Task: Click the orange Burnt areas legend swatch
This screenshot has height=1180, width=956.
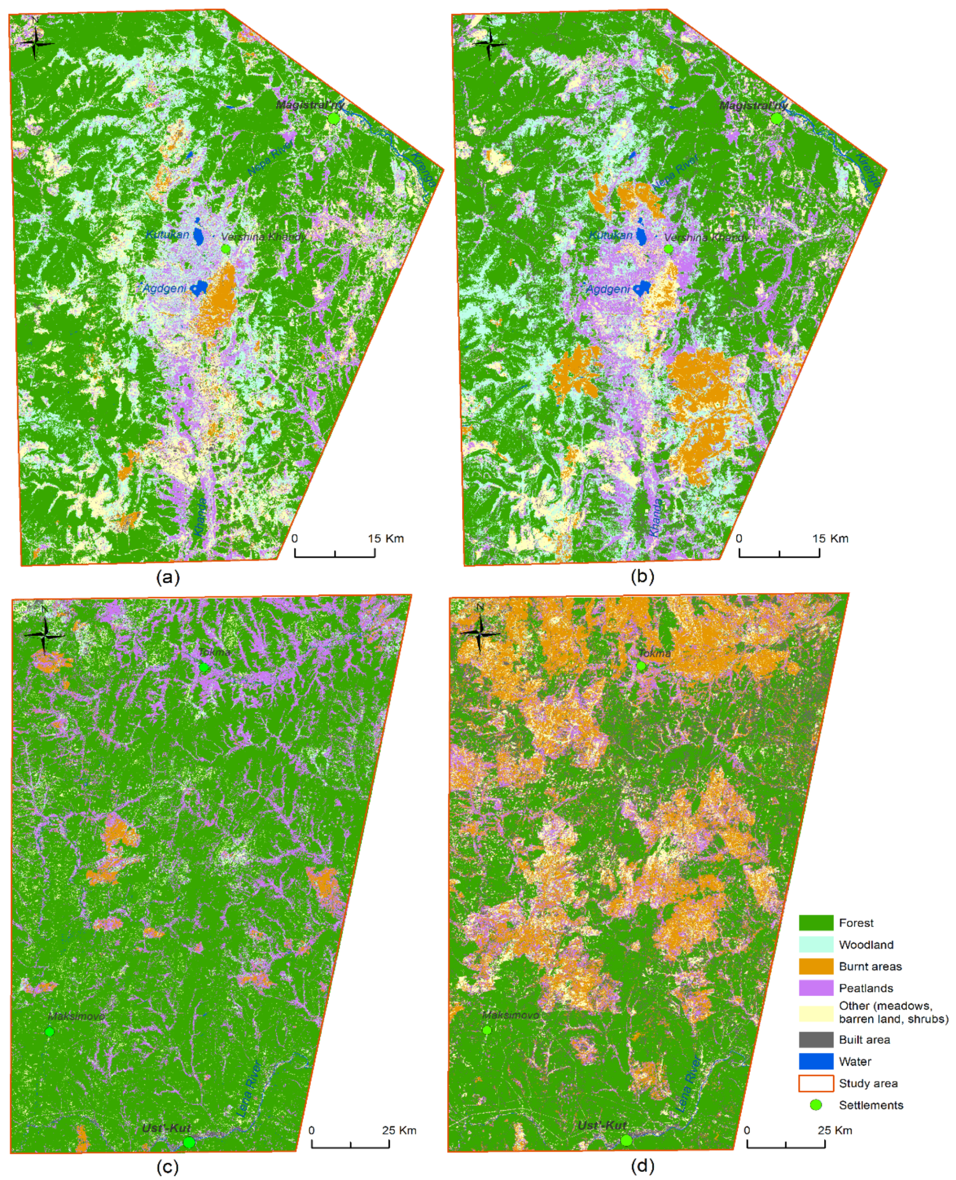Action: pos(816,966)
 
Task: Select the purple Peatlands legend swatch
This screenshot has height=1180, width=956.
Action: pos(816,988)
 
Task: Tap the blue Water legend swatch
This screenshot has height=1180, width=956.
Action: pos(816,1061)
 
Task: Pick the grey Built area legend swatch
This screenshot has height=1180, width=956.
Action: pos(816,1040)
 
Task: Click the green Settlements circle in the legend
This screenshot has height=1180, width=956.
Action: pos(816,1104)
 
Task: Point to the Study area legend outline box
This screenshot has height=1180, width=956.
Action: pos(816,1083)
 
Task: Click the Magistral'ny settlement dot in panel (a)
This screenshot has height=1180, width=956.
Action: pos(333,119)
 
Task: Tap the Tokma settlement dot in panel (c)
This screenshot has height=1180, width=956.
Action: pos(204,667)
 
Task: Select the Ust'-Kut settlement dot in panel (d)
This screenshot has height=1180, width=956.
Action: pos(626,1140)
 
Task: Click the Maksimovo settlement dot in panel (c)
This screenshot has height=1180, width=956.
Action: pos(50,1031)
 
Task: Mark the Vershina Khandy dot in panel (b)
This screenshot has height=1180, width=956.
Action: pos(669,249)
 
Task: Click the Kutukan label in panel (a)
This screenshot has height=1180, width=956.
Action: pos(167,235)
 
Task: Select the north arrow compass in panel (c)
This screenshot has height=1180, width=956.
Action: pos(44,635)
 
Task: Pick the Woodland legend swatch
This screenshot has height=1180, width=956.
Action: pos(816,944)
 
